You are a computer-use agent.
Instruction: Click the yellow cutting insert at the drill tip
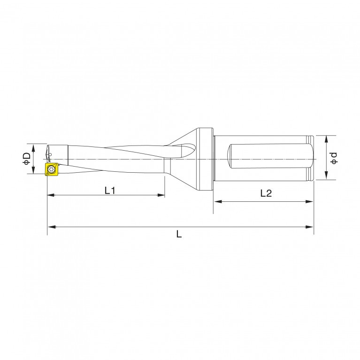pos(52,169)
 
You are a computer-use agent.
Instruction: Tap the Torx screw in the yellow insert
pos(51,169)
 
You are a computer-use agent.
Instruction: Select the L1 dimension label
pos(110,191)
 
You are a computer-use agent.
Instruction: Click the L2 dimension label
pos(266,193)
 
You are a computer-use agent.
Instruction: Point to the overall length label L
pos(179,234)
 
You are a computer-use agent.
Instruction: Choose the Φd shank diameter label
pos(334,158)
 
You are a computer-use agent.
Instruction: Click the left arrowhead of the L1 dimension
pos(51,195)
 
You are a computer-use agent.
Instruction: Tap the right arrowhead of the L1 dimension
pos(161,195)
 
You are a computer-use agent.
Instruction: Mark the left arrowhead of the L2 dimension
pos(218,201)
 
